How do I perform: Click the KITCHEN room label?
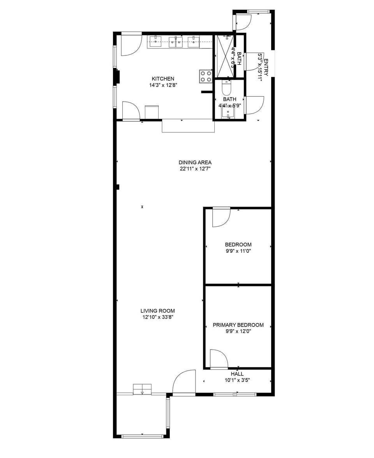(x=163, y=79)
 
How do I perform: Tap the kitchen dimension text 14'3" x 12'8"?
(x=163, y=85)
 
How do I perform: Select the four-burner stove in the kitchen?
(x=206, y=76)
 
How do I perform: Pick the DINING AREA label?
(x=195, y=163)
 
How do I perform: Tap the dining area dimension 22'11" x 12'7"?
(x=195, y=169)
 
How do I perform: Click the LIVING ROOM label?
(x=157, y=311)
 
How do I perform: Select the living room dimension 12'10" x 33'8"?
(x=157, y=317)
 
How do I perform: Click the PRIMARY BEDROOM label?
(x=238, y=325)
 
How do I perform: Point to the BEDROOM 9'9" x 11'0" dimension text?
(x=238, y=251)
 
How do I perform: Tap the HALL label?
(x=237, y=374)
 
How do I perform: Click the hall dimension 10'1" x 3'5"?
(x=237, y=380)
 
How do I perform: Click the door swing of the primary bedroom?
(x=218, y=359)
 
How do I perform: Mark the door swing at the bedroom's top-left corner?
(x=221, y=217)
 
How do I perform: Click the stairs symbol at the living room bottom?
(x=142, y=389)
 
